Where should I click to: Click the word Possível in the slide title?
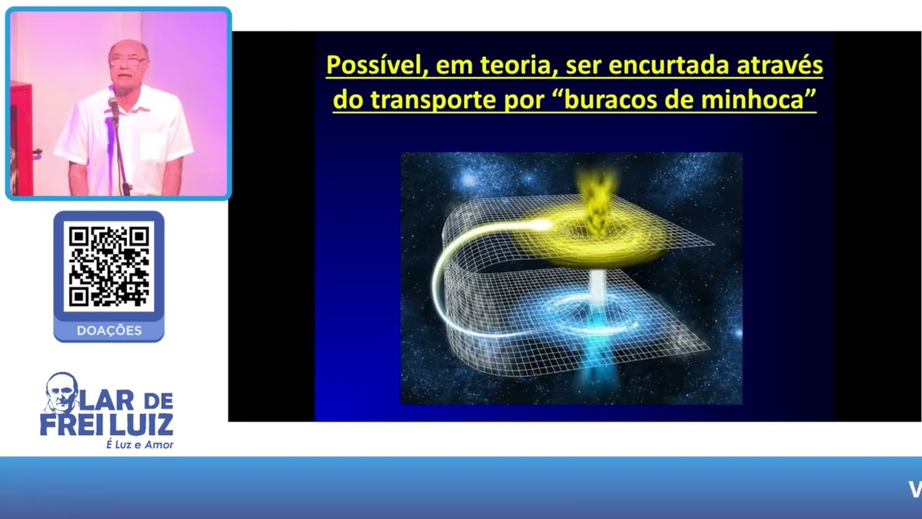tap(369, 66)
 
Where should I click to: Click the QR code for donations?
tap(109, 266)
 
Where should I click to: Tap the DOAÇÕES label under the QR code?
tap(109, 331)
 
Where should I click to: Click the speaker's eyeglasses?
tap(128, 62)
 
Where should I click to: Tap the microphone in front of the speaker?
tap(113, 107)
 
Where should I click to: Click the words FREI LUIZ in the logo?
tap(107, 425)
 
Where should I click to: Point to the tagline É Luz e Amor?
tap(140, 445)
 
